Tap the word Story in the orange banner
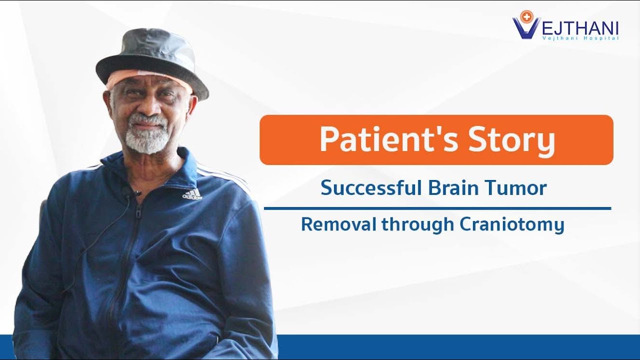511,140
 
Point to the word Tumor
517,188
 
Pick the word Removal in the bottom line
338,224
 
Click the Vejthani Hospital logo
565,25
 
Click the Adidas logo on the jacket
192,194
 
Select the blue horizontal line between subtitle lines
437,208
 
